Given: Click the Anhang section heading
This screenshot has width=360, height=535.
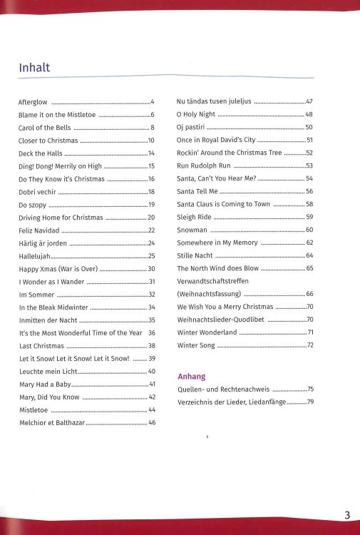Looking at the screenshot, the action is point(191,376).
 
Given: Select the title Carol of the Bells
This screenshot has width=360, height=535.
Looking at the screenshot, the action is point(44,128).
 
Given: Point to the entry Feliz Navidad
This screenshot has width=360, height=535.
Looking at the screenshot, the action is point(39,230).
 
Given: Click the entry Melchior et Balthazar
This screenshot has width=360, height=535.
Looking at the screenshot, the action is point(51,423).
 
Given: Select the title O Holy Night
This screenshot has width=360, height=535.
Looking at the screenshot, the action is point(195,115).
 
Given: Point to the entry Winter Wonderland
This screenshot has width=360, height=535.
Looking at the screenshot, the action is point(207,333).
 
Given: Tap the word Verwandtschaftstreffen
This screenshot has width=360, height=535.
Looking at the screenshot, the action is point(212,282).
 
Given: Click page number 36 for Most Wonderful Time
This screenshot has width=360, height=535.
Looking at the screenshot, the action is point(152,333).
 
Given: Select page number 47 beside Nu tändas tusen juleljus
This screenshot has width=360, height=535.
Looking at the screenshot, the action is point(309,102).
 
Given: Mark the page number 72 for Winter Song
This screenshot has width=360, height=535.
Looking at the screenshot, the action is point(309,346).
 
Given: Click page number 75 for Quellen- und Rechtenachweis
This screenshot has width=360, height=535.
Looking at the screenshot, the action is point(309,390).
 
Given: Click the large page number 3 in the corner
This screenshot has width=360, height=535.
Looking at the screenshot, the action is point(346,516).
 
